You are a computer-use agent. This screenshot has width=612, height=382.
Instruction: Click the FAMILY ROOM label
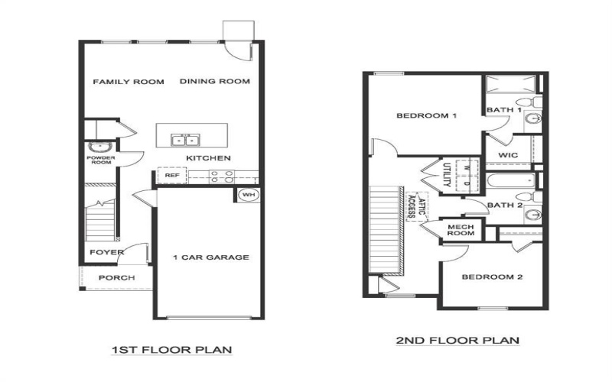click(129, 82)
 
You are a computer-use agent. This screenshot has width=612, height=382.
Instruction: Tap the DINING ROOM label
click(215, 82)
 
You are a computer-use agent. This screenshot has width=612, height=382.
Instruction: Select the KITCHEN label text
click(208, 158)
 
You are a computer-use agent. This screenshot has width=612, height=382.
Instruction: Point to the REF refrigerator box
click(171, 176)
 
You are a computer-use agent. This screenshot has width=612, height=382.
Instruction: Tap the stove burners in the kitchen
click(221, 176)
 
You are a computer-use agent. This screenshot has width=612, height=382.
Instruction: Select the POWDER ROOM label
click(100, 159)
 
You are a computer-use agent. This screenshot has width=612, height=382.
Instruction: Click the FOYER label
click(102, 252)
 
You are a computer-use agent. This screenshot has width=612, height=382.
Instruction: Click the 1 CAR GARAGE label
click(210, 257)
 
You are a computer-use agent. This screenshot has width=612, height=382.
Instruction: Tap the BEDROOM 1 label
click(426, 116)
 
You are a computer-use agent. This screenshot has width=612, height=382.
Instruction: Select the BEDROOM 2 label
click(492, 277)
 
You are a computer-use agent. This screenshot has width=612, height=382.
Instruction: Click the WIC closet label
click(509, 155)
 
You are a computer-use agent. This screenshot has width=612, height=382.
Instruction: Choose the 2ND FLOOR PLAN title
click(457, 341)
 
